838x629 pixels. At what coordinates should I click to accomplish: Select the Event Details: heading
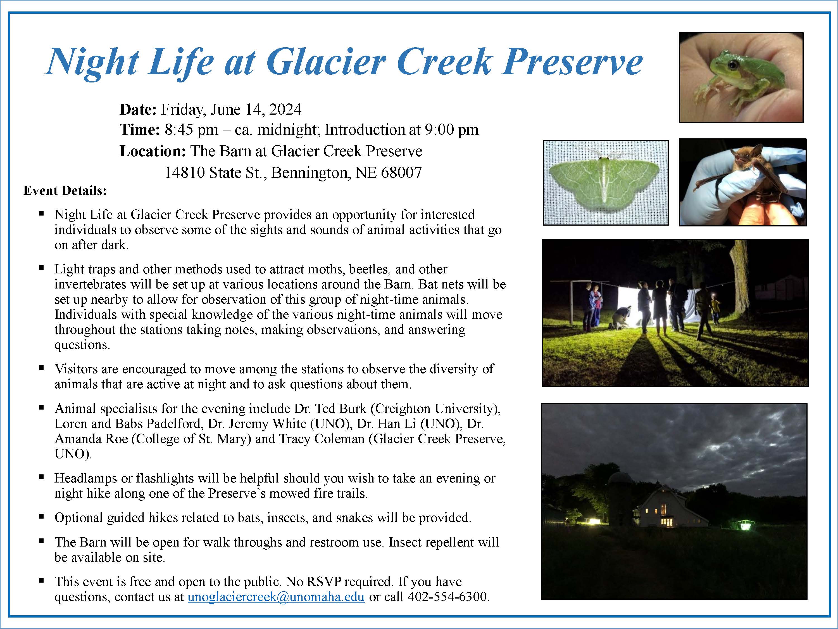[x=65, y=190]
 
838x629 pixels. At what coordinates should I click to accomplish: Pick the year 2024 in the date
[x=285, y=110]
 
